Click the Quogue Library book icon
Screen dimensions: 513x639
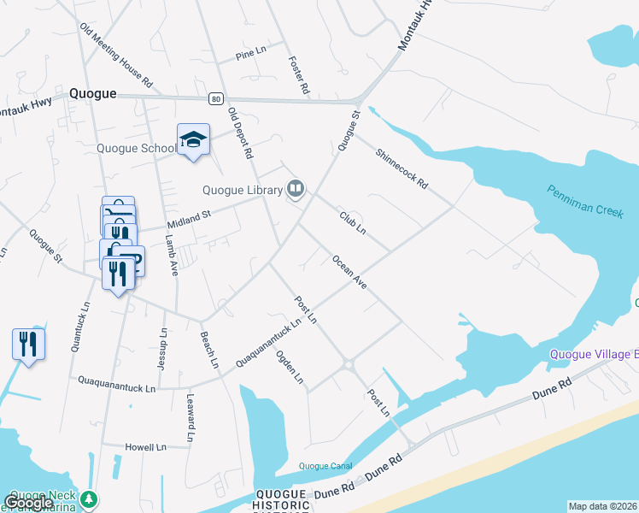(296, 188)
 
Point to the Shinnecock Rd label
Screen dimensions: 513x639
(402, 168)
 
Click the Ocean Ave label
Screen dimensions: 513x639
(349, 272)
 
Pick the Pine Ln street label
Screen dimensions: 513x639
(250, 57)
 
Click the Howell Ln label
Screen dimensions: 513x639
(145, 447)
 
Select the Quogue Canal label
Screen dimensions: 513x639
(325, 466)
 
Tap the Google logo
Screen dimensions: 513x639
(28, 503)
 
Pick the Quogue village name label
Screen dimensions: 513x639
(92, 94)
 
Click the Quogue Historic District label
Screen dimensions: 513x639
(281, 501)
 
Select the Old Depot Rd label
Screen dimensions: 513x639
(241, 133)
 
